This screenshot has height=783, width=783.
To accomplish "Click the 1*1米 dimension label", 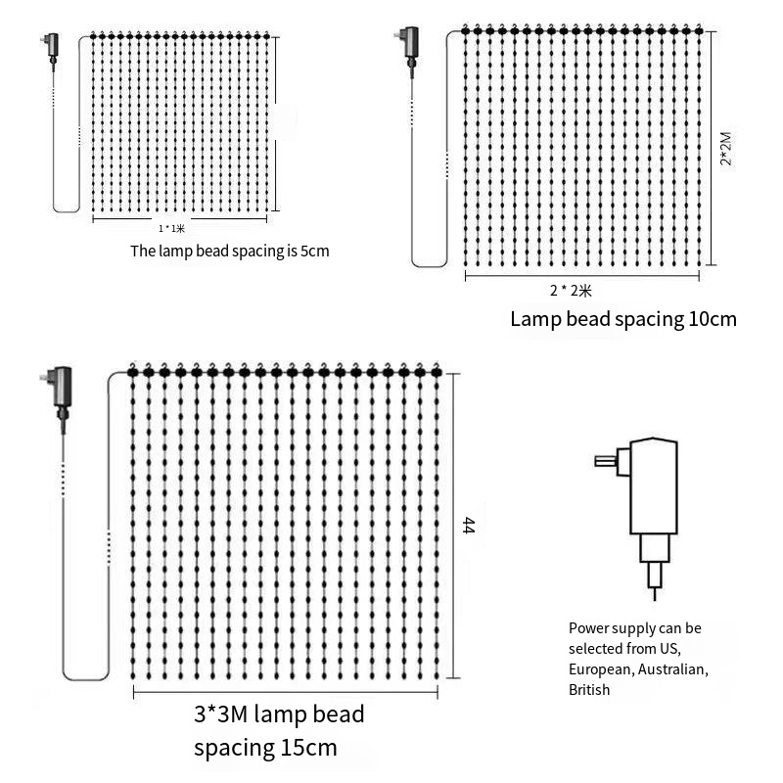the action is coord(172,229).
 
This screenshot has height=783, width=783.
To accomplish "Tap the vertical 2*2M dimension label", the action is coord(726,149).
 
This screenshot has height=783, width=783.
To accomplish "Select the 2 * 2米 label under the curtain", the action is coord(571,290).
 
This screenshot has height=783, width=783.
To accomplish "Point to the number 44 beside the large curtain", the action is coord(469,526).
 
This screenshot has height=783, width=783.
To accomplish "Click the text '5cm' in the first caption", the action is coord(314,251).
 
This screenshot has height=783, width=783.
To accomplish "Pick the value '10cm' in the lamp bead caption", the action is coord(713,319).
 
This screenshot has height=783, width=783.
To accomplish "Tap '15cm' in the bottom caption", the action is coord(309,748).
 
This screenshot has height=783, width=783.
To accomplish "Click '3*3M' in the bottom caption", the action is coord(221,714).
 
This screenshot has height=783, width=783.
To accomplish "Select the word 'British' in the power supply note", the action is coord(589,690).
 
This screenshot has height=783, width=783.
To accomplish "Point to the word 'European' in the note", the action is coord(603,669).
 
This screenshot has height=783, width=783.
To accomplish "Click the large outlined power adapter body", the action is coord(654,485).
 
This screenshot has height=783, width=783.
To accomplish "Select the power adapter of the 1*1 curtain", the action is coord(52,47).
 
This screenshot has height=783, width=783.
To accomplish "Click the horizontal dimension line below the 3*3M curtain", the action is coord(286,692).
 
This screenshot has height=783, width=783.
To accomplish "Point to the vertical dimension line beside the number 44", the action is coord(453,526).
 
